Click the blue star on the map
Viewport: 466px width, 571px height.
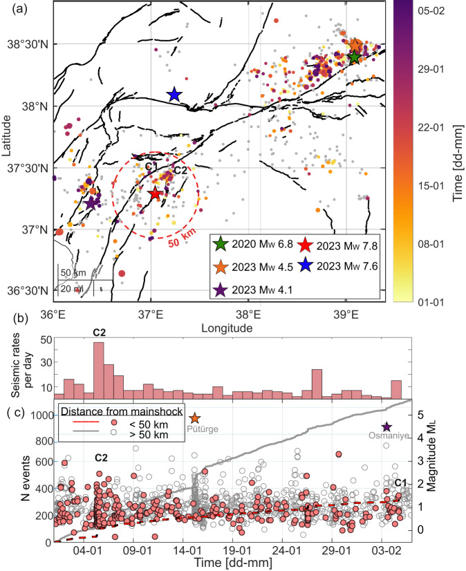click(174, 94)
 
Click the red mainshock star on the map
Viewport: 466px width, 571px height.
click(155, 194)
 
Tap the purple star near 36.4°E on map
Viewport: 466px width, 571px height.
click(91, 203)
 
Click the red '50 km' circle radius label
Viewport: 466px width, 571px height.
click(179, 243)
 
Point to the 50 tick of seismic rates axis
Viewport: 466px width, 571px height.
click(47, 340)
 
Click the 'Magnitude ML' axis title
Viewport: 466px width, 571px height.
click(449, 471)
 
